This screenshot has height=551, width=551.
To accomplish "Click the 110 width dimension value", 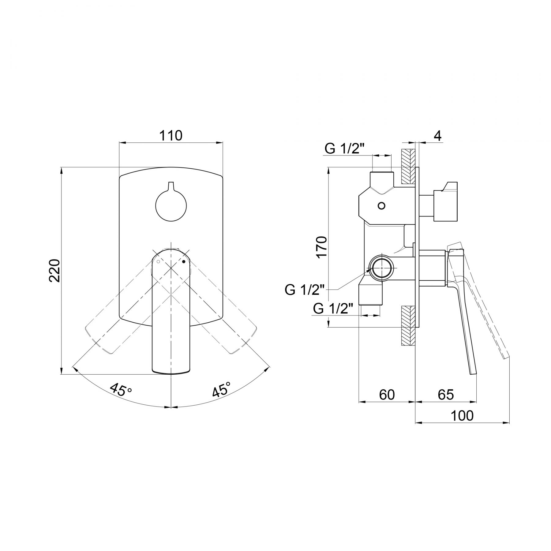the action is point(171,135).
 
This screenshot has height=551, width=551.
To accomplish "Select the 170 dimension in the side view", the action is point(322,247).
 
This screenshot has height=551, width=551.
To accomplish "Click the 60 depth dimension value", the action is point(387,395).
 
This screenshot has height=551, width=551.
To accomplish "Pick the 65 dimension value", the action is point(445,395).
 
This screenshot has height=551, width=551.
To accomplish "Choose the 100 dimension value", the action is point(462,415).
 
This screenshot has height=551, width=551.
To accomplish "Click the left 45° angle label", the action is point(121,390).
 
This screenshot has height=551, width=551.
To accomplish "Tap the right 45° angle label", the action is point(221,389).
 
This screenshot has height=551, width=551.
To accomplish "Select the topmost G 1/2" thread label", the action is point(345,149).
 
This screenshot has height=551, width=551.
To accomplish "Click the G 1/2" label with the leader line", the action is point(305,290).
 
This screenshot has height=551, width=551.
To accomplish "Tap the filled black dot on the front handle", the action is point(184,261).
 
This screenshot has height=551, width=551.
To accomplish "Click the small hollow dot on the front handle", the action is point(158,262).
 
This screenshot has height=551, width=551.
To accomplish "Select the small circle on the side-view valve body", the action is point(381,206).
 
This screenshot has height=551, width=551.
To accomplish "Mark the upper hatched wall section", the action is point(408,167).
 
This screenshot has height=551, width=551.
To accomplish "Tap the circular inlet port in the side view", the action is point(381,267).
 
